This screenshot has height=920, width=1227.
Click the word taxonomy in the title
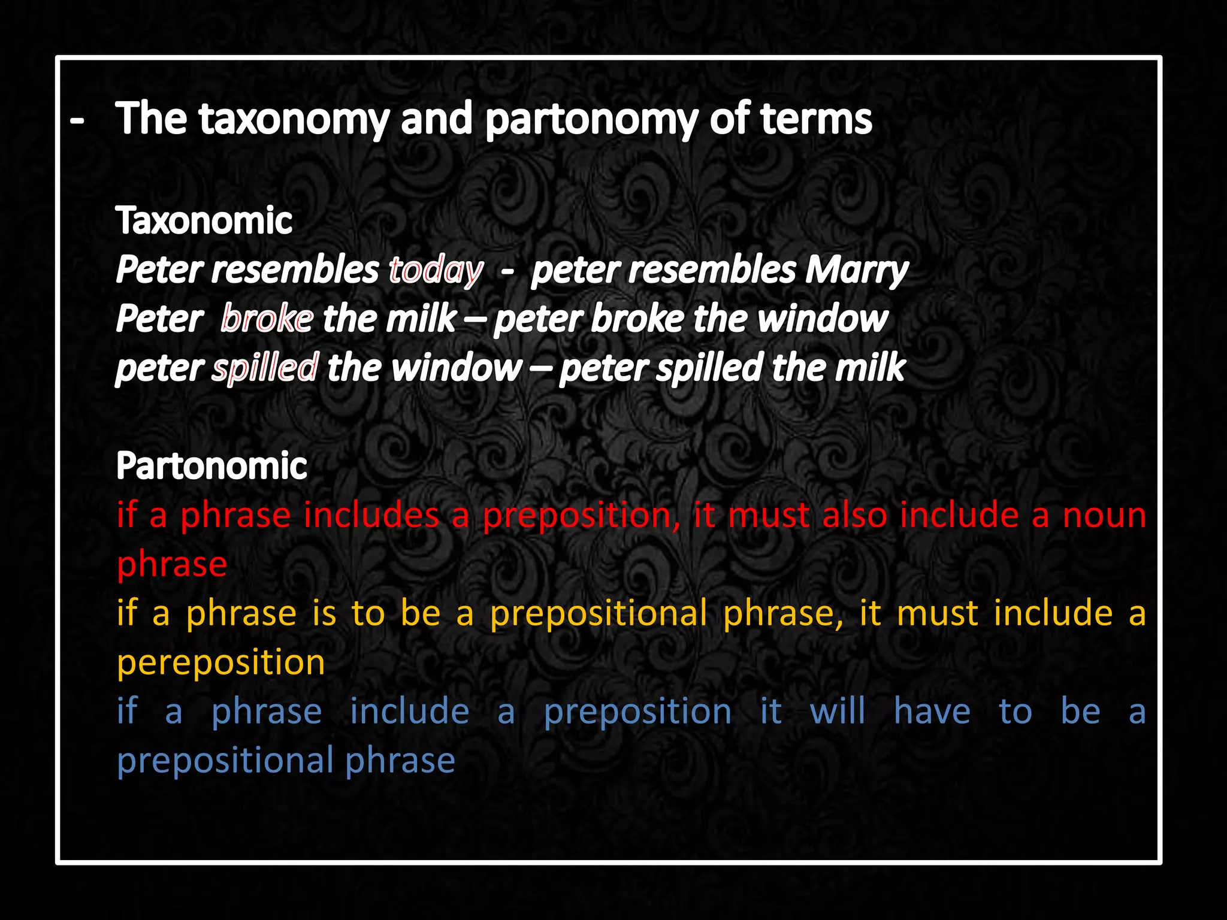(x=294, y=120)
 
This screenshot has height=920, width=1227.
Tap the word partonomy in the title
(x=591, y=120)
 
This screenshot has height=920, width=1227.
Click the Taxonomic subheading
(x=204, y=221)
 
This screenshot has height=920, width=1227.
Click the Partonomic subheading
(x=211, y=466)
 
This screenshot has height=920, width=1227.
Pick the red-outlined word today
(x=436, y=270)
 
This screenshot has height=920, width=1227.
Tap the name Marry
(x=856, y=270)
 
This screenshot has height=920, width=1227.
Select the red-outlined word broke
(x=267, y=319)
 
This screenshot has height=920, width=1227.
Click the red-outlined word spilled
(x=265, y=368)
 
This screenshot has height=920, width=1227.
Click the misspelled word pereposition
(x=220, y=663)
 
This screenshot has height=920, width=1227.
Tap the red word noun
(x=1104, y=516)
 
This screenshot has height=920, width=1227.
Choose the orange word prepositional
(x=599, y=614)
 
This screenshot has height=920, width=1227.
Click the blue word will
(x=837, y=712)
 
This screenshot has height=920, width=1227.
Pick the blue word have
(x=932, y=712)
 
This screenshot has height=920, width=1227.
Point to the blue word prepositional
(x=225, y=761)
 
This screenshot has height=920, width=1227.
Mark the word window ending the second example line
(x=822, y=319)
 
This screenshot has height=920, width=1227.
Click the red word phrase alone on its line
(x=172, y=565)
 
